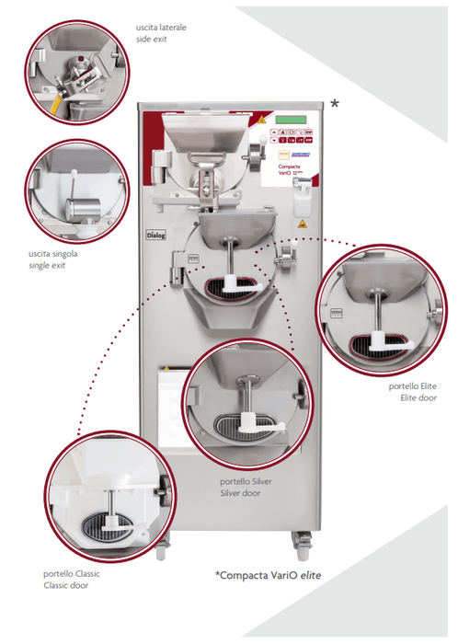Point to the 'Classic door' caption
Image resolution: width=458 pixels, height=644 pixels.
coord(67,586)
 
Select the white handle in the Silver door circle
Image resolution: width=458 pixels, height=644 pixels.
coord(251,425)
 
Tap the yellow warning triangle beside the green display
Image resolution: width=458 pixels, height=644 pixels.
coord(261,121)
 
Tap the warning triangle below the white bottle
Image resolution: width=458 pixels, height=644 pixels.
coord(300,223)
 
